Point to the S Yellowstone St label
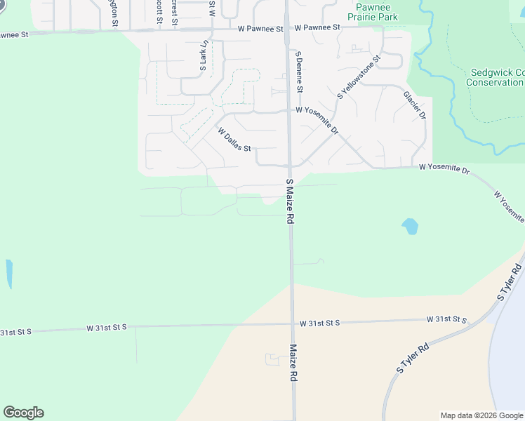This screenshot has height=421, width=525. pos(358,76)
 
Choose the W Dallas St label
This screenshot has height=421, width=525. pos(234,140)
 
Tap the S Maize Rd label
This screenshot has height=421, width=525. pos(289,201)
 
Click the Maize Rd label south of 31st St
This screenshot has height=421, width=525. pos(293,362)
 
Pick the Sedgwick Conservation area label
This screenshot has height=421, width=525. pos(496,77)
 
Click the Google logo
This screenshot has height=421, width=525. pos(23,413)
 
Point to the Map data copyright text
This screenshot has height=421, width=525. pos(482,415)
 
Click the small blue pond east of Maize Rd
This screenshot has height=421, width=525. pos(410,226)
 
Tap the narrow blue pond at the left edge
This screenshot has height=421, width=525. pos(9,274)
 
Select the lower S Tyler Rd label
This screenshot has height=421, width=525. pos(413,358)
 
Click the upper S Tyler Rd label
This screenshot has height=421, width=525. pos(510,282)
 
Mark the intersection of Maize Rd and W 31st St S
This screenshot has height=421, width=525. pos(292,323)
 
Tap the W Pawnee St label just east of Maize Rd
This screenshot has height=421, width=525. pos(317,27)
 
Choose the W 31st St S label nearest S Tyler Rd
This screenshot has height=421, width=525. pos(447,319)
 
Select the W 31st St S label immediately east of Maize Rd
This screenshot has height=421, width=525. pos(319,323)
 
